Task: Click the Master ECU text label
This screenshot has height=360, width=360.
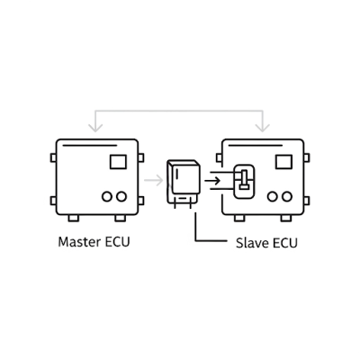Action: [94, 242]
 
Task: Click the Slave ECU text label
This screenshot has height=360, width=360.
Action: [266, 243]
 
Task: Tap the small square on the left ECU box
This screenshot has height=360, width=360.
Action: [118, 162]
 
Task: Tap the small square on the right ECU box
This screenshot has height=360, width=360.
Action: [283, 162]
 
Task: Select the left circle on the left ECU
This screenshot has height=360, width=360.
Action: [107, 196]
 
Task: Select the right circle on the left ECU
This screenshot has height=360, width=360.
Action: [121, 196]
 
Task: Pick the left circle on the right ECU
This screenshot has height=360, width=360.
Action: [273, 196]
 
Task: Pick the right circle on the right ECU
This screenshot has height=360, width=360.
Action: [287, 196]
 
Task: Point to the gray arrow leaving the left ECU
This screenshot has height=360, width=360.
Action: [154, 180]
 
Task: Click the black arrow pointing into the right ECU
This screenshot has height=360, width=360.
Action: [212, 181]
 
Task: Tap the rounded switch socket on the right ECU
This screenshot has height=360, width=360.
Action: [244, 181]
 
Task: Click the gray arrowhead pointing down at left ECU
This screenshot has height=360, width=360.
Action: [95, 128]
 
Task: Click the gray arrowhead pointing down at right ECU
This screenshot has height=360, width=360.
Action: [263, 128]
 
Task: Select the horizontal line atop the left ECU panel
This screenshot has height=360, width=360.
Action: [89, 146]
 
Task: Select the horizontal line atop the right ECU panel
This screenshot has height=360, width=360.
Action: [256, 146]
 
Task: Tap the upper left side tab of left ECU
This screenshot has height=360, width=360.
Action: [53, 157]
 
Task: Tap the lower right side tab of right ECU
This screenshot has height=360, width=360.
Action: [307, 201]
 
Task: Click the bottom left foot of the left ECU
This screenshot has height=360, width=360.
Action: [74, 218]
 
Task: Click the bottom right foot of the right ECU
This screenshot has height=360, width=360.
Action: [286, 218]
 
